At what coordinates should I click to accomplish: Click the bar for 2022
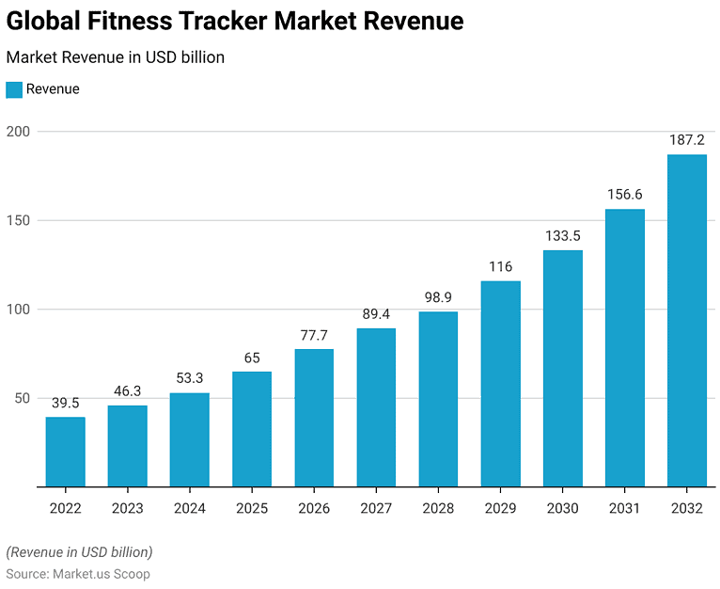coord(65,452)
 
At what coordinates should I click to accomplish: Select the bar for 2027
coord(376,407)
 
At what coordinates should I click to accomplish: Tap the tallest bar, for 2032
coord(687,321)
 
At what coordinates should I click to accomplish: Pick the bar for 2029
coord(500,384)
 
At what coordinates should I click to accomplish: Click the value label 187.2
coord(687,140)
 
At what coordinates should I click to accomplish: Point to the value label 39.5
coord(65,403)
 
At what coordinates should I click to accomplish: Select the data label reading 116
coord(500,266)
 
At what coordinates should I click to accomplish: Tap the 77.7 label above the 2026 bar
coord(314,335)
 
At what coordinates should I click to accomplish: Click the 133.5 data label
coord(563,235)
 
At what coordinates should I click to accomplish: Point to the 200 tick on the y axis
coord(18,132)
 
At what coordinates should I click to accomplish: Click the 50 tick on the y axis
coord(22,399)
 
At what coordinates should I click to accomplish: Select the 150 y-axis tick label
coord(18,221)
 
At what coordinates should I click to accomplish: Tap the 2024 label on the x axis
coord(190,508)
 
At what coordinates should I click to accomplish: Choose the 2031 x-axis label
coord(625,508)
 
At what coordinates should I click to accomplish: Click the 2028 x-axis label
coord(438,508)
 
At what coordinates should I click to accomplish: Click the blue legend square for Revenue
coord(14,89)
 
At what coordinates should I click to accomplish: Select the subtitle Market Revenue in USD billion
coord(116,57)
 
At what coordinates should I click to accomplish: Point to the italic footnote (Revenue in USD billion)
coord(79,551)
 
